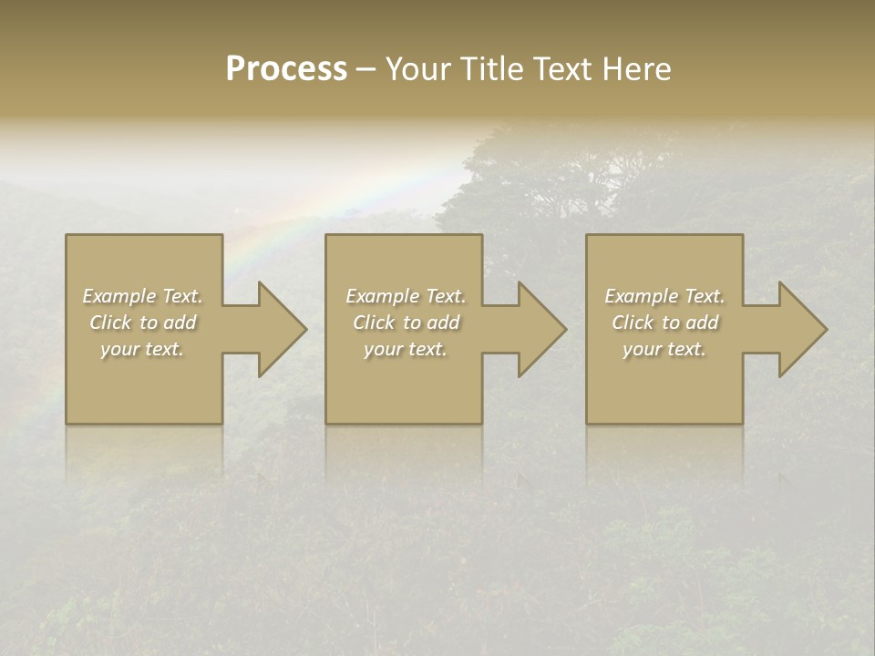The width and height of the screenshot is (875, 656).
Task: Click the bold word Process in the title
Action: tap(286, 69)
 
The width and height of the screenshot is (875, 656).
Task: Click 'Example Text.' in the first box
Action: tap(142, 296)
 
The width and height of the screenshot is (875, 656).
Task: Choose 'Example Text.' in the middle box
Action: tap(406, 296)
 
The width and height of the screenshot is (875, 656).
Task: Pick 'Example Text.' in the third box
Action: tap(664, 296)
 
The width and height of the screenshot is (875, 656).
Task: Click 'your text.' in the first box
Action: tap(142, 349)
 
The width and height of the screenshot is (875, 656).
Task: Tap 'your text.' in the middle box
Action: tap(406, 349)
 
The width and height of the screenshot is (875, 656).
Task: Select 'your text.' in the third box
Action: tap(664, 349)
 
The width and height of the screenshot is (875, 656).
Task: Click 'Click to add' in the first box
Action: tap(142, 323)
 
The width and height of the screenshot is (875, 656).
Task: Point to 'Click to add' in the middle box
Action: tap(406, 323)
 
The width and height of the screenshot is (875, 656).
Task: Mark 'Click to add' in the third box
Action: tap(664, 323)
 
